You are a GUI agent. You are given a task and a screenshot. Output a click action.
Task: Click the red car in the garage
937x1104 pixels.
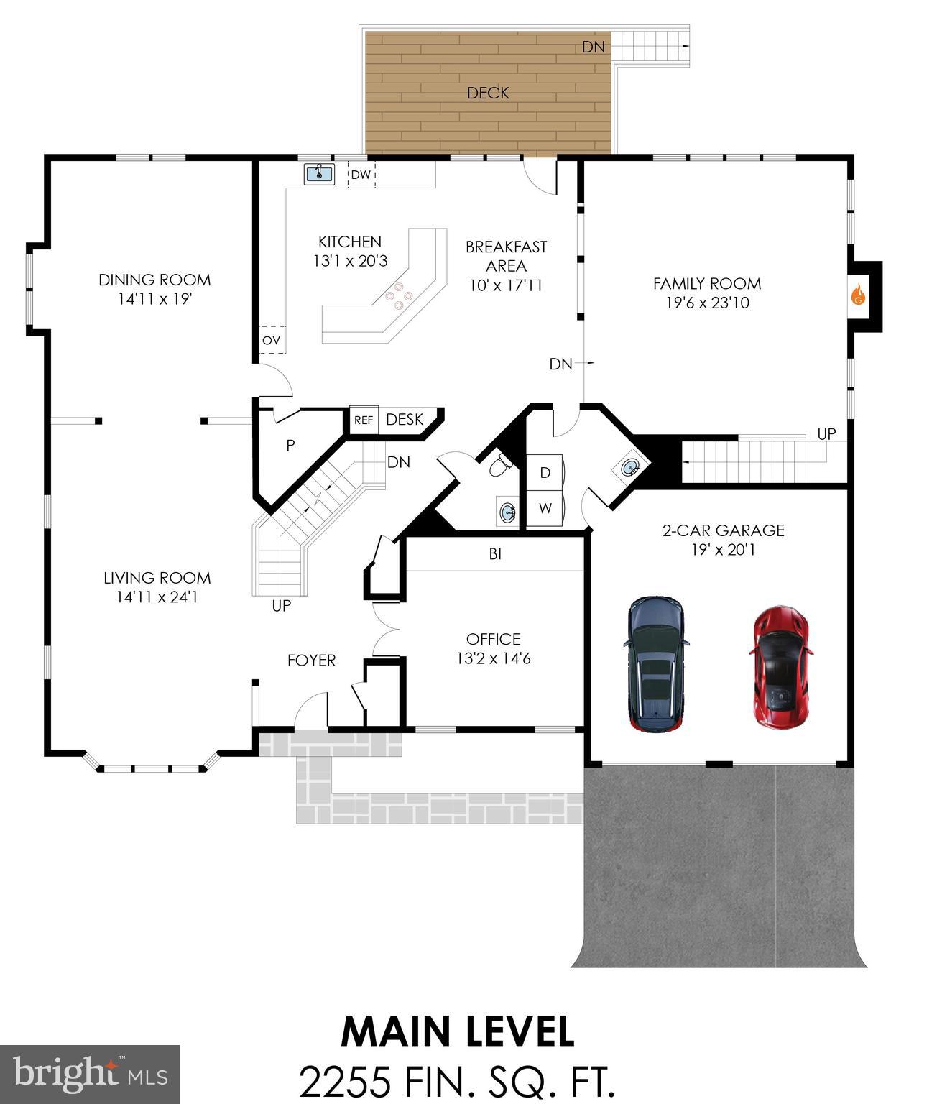click(x=782, y=668)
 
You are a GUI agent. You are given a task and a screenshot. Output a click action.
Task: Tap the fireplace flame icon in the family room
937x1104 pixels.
click(x=857, y=295)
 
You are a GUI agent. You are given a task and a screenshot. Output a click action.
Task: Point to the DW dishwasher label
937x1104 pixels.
click(x=361, y=175)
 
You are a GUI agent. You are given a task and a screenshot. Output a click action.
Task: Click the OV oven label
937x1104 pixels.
click(x=271, y=340)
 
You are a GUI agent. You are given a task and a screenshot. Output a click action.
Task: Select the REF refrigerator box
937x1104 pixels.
click(x=364, y=420)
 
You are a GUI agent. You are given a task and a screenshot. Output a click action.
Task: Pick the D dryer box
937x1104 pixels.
click(x=545, y=472)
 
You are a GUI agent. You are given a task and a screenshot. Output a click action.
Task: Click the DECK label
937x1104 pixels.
click(x=488, y=93)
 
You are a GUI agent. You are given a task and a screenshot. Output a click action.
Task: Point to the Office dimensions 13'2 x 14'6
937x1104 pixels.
click(x=493, y=658)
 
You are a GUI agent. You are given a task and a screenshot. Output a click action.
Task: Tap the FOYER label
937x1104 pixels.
click(x=311, y=660)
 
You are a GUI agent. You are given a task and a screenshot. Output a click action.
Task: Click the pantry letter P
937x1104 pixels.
click(x=290, y=446)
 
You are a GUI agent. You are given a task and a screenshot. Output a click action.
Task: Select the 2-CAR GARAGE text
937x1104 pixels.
click(x=723, y=530)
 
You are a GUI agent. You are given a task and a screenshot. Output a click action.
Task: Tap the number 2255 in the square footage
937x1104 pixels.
click(x=346, y=1081)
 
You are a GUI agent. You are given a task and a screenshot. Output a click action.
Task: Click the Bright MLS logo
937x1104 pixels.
click(x=90, y=1075)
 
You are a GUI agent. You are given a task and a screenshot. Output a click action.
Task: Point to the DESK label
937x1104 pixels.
click(x=405, y=420)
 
